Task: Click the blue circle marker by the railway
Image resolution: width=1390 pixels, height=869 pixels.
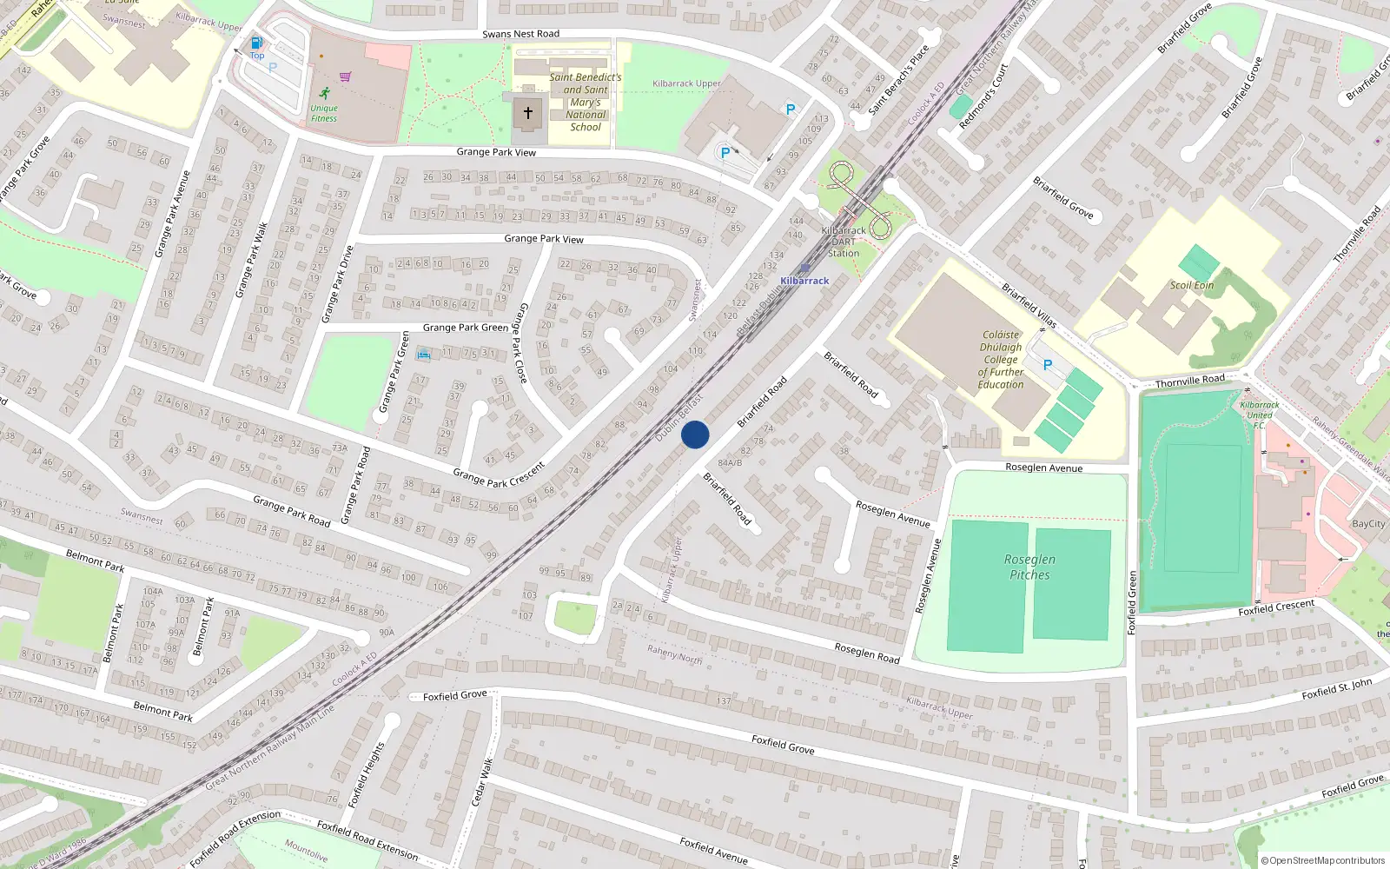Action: tap(695, 434)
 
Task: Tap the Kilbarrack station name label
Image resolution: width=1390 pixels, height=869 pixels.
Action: tap(804, 281)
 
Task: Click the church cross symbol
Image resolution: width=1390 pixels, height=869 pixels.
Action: tap(527, 113)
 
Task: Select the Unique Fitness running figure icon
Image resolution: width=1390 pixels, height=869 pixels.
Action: tap(325, 93)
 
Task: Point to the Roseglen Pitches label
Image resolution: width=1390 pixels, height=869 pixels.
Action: tap(1029, 567)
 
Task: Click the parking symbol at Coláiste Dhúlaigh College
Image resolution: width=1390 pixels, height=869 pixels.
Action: tap(1047, 365)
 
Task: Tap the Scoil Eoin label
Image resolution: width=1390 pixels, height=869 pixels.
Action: tap(1191, 285)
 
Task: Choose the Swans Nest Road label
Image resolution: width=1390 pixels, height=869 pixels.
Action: tap(521, 34)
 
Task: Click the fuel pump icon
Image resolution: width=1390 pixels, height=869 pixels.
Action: tap(256, 43)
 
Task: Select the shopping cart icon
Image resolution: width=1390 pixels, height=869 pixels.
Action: tap(346, 76)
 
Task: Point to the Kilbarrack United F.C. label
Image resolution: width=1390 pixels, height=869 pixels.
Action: tap(1259, 415)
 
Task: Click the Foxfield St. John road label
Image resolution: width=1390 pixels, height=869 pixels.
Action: tap(1337, 689)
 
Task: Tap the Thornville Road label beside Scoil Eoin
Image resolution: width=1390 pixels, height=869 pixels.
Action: tap(1189, 381)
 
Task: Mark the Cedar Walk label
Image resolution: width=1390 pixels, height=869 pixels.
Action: tap(482, 781)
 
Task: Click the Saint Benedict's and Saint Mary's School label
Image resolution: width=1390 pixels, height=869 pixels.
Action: tap(586, 102)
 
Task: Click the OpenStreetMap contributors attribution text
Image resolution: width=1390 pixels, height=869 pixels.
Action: tap(1323, 860)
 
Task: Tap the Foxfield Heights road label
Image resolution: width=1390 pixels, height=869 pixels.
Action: tap(366, 775)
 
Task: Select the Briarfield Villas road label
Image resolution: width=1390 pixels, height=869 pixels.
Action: tap(1029, 305)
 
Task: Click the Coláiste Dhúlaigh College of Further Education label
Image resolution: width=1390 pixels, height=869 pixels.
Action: tap(1001, 359)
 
